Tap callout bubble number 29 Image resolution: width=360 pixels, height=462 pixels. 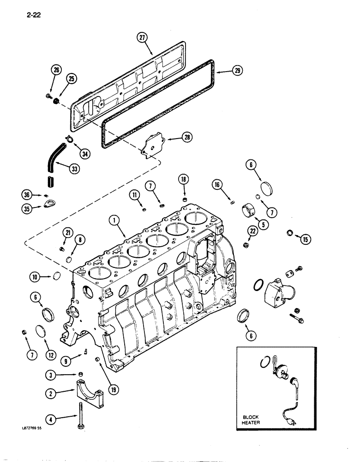pos(238,71)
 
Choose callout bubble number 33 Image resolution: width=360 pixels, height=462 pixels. pos(74,169)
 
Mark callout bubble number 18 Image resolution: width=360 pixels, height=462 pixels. pos(183,179)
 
